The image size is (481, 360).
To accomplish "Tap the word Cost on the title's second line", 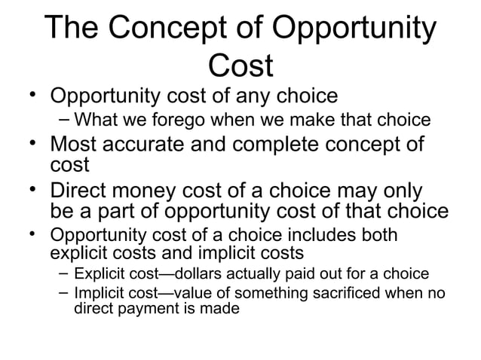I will click(240, 66).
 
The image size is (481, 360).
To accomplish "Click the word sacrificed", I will click(333, 292).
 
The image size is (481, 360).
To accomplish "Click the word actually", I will click(253, 272).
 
